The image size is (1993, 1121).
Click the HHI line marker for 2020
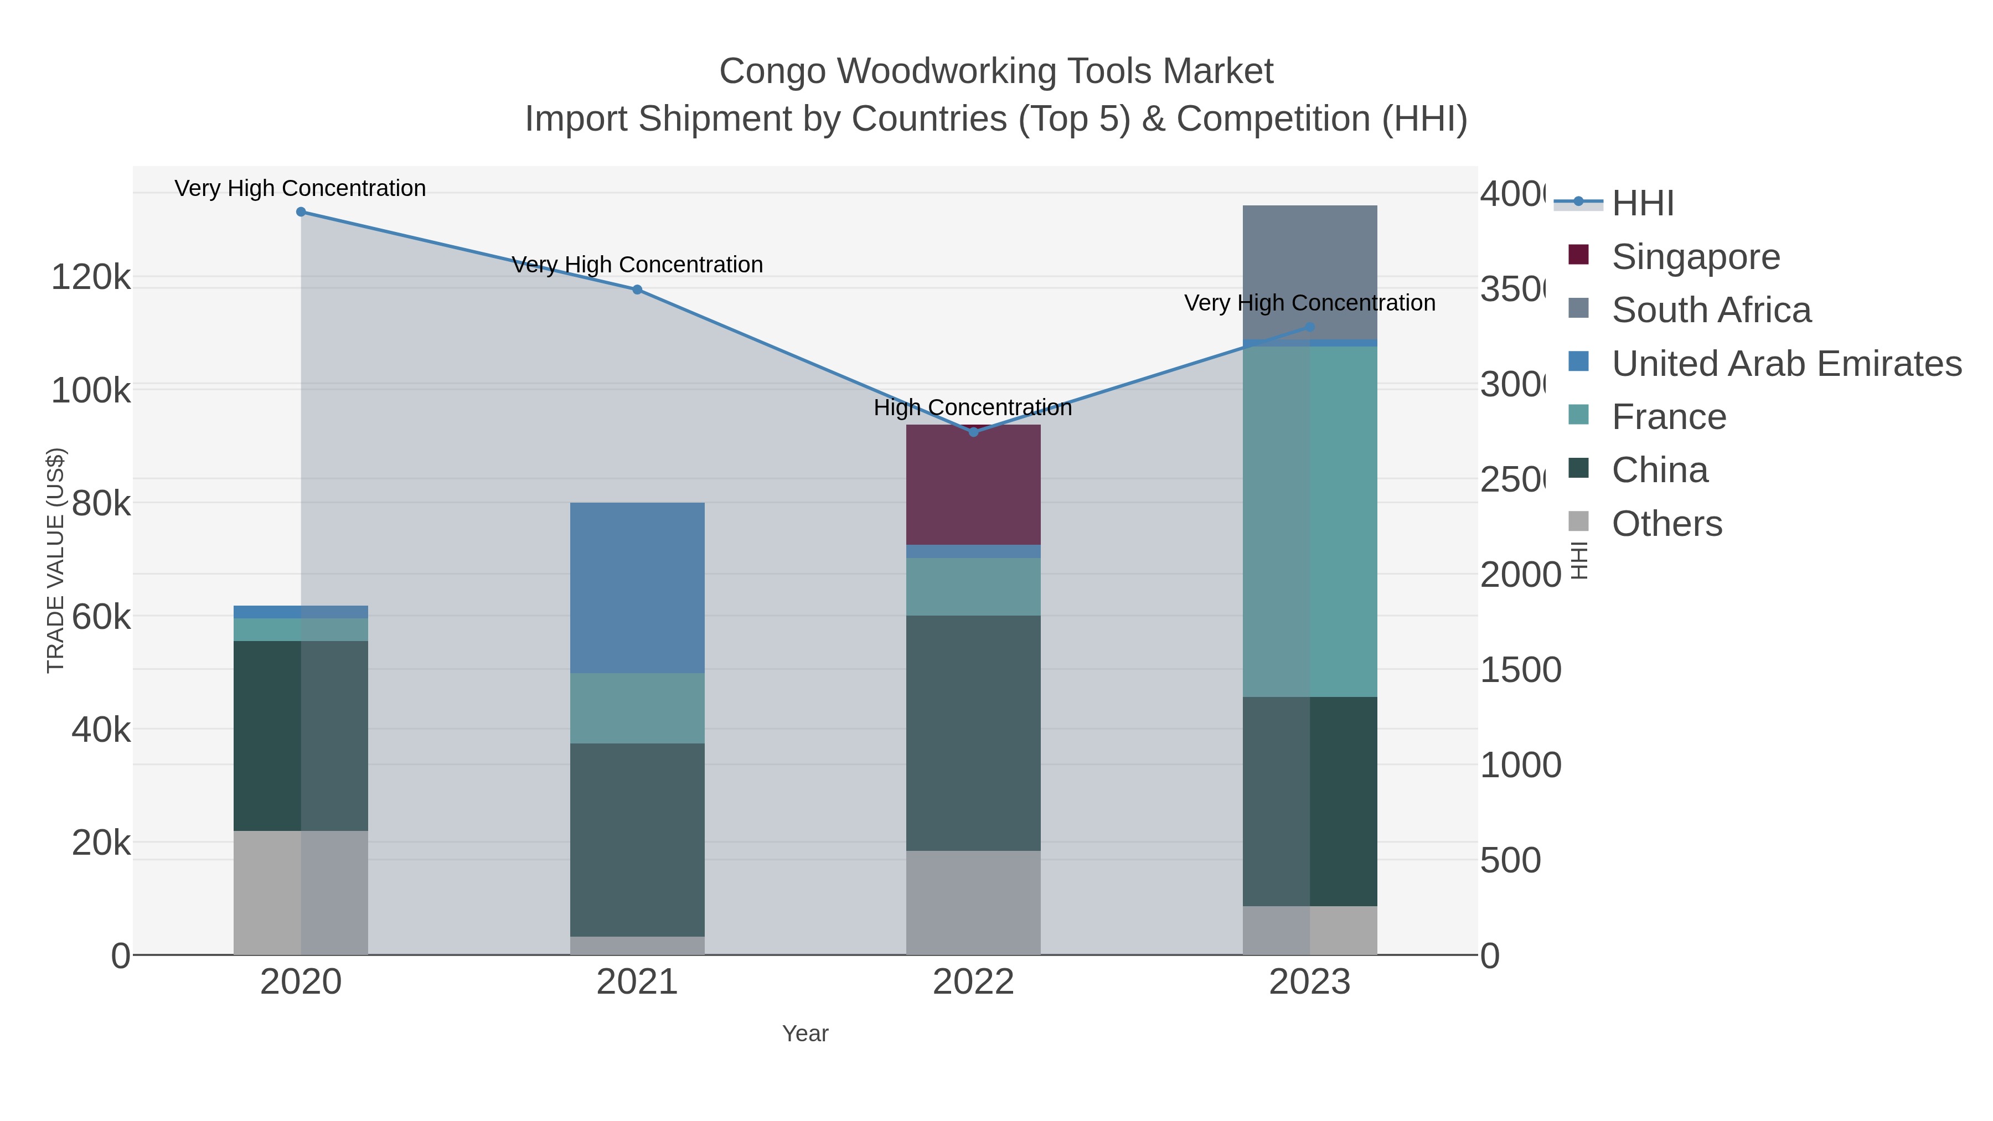coord(301,212)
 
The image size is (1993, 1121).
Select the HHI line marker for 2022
coord(973,432)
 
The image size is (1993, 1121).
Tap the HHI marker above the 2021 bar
coord(637,290)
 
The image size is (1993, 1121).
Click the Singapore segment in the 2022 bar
coord(973,485)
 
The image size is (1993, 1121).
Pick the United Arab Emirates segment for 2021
coord(637,588)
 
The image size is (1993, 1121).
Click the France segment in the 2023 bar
coord(1309,521)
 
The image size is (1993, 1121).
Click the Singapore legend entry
coord(1695,257)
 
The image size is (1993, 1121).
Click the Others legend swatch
coord(1578,521)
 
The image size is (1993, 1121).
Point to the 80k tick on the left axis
coord(101,504)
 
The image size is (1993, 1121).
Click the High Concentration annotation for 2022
coord(973,407)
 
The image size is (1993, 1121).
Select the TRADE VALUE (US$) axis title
coord(56,560)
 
